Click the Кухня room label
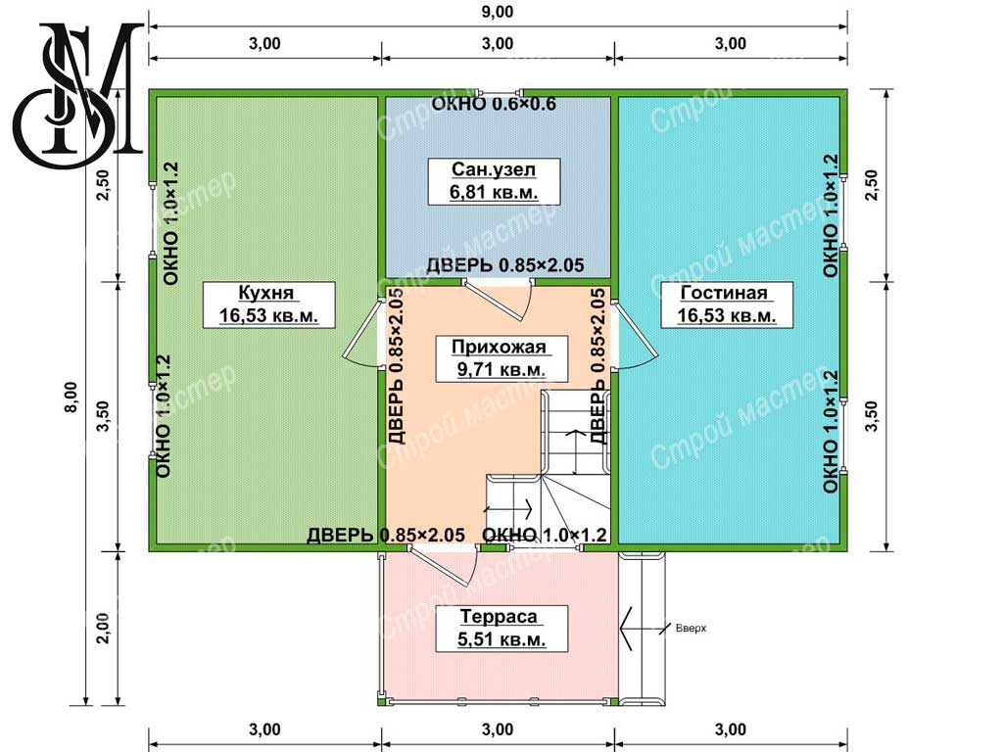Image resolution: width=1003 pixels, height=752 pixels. [x=268, y=304]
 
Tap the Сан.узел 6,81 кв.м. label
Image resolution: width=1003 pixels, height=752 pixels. [x=494, y=181]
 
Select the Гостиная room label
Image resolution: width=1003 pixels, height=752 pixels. [x=727, y=304]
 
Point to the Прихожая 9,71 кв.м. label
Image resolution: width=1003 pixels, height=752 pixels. [x=501, y=358]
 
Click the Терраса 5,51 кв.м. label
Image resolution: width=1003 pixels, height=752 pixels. [x=501, y=628]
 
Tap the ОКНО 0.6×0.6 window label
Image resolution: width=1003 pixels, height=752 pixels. [x=494, y=104]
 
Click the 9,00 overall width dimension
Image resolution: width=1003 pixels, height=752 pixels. [x=498, y=12]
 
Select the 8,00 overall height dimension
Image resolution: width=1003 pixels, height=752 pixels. [x=71, y=397]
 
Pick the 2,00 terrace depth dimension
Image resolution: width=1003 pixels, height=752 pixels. [x=103, y=629]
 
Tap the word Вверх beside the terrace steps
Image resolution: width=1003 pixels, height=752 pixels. [x=691, y=628]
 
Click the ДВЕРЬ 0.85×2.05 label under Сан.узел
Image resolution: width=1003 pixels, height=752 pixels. [x=505, y=264]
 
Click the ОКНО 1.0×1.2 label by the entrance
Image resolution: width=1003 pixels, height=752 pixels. [x=544, y=535]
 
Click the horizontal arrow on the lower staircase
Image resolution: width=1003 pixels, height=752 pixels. [x=508, y=509]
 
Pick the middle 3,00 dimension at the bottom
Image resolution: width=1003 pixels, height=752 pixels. [x=498, y=729]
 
